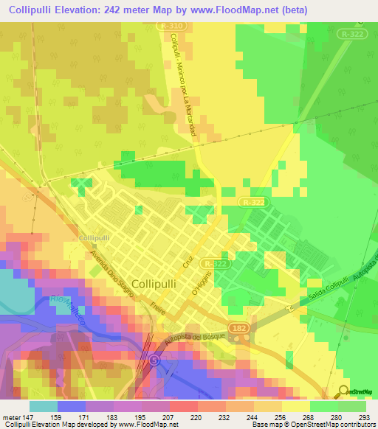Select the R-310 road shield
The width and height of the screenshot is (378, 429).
tap(170, 26)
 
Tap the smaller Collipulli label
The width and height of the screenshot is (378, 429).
tap(94, 238)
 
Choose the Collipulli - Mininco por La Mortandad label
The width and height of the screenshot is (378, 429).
tap(185, 73)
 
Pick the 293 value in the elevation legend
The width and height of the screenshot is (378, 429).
tap(363, 416)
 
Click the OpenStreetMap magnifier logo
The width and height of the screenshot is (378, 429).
tap(344, 392)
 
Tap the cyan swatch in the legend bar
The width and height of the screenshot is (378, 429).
tap(44, 405)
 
